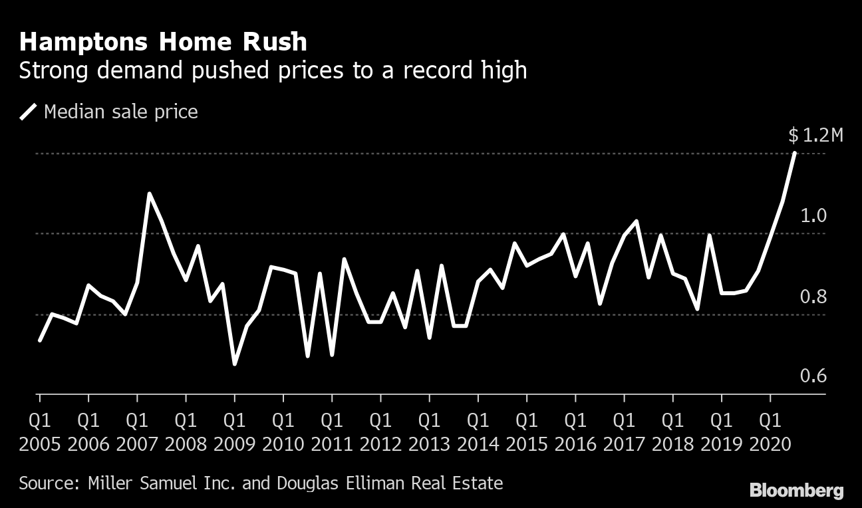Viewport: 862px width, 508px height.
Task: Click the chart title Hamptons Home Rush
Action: pos(163,42)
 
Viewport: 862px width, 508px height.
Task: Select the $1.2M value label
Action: pos(815,136)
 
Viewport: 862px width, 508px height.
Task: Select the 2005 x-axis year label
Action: pos(40,444)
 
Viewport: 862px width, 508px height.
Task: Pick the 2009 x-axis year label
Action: pos(234,444)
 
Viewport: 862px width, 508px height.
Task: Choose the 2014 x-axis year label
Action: pos(478,444)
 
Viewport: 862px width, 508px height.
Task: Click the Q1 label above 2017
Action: pos(624,421)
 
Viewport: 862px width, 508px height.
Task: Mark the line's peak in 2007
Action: pos(149,193)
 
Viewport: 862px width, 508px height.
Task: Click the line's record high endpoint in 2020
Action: pos(795,154)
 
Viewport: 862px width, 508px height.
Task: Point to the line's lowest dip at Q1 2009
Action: pos(234,364)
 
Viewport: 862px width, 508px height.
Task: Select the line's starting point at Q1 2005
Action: pos(40,340)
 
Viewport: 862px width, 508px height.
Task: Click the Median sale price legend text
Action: pos(120,112)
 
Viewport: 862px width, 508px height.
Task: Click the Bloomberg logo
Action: pos(796,491)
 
